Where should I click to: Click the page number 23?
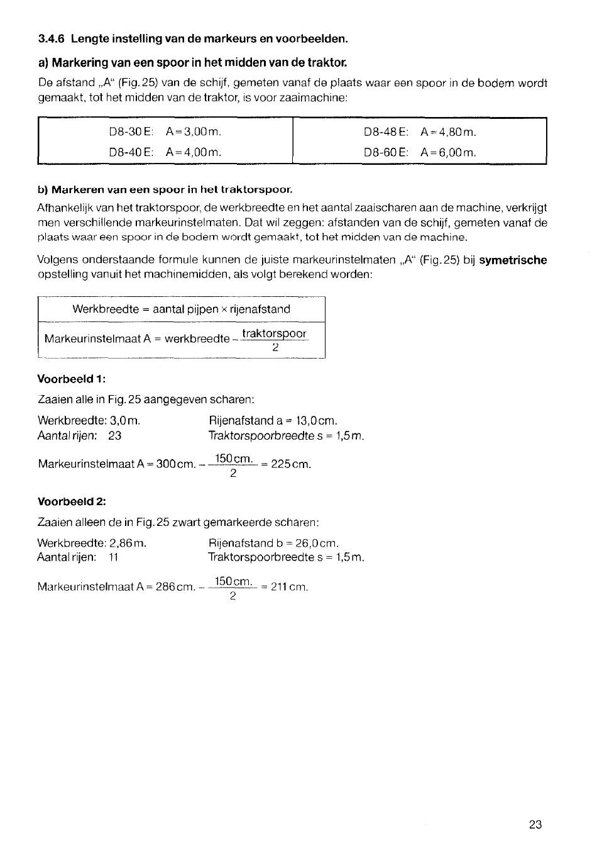tap(535, 825)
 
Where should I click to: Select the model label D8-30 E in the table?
tap(131, 132)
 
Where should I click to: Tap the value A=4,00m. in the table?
tap(194, 152)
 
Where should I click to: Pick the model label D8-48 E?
tap(386, 132)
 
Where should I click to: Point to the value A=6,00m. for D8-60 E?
tap(449, 152)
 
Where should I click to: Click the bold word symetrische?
tap(513, 260)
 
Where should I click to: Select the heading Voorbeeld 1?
tap(72, 379)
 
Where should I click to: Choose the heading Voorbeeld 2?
tap(72, 501)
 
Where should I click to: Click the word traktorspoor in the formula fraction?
tap(275, 333)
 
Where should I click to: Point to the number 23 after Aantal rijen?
tap(114, 435)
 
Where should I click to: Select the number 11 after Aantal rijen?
tap(114, 557)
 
